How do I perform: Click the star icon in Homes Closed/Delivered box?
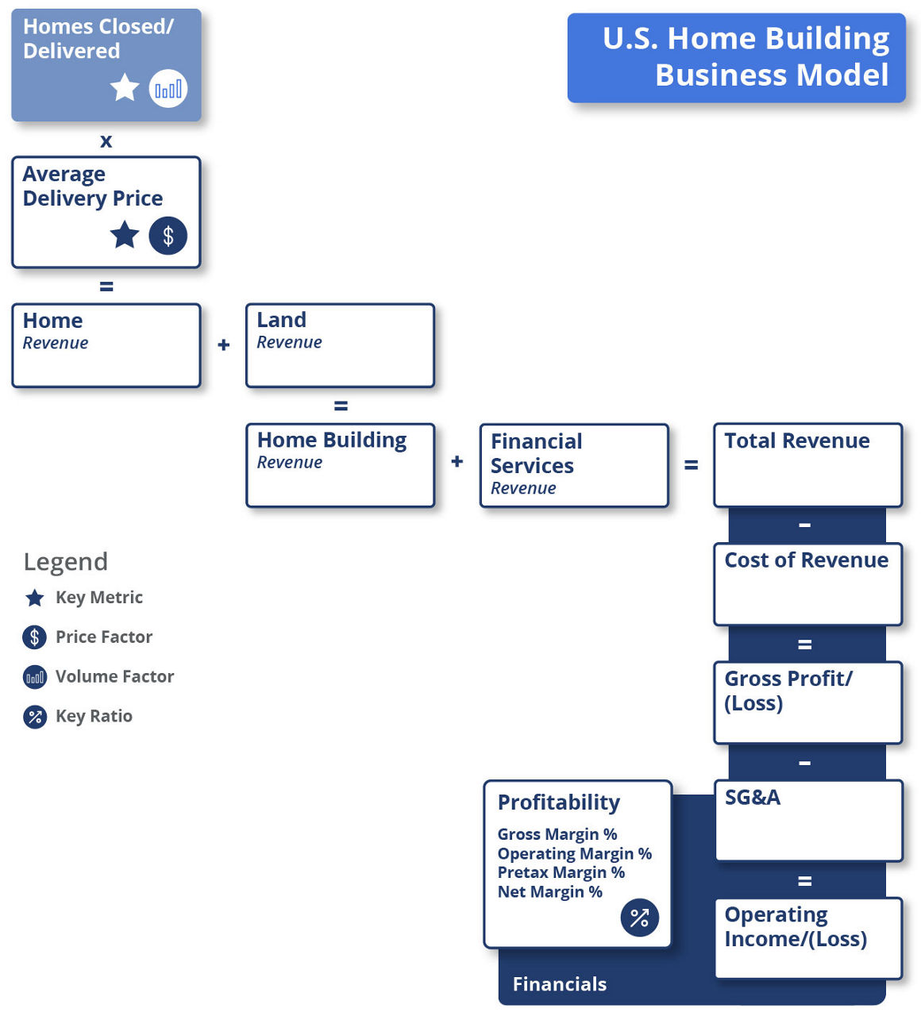(125, 87)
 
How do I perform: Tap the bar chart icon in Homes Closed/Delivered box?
(168, 88)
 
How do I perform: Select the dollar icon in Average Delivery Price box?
(168, 236)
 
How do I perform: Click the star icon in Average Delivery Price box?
(125, 235)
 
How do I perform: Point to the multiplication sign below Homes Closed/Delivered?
(106, 141)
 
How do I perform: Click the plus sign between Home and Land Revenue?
(224, 345)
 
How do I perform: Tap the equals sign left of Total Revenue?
(691, 465)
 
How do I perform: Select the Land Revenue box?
(340, 345)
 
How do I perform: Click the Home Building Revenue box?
(340, 465)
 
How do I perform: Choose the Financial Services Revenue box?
(574, 465)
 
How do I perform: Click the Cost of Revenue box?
(807, 584)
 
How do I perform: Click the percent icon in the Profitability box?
(639, 918)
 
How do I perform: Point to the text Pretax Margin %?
(561, 872)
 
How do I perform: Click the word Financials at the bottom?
(559, 984)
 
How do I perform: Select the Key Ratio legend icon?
(35, 717)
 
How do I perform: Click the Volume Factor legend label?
(114, 676)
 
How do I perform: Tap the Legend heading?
(66, 562)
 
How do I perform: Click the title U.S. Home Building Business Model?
(745, 57)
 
